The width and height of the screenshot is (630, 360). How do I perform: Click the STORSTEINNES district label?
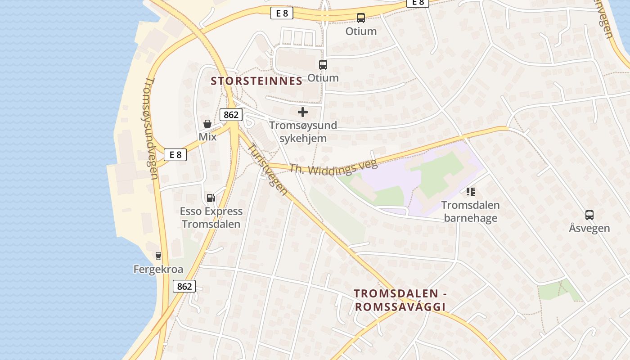coord(256,81)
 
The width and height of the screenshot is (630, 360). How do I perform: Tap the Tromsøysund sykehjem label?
coord(303,131)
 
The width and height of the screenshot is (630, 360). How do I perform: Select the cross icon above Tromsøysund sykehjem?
coord(303,112)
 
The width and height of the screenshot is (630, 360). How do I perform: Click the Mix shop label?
coord(207,136)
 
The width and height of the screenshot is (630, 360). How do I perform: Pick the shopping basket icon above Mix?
coord(207,124)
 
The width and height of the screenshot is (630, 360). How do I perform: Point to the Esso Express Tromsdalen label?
coord(211,217)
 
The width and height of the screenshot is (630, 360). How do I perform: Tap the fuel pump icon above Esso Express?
coord(210,198)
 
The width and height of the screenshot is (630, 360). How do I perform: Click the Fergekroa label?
coord(158,269)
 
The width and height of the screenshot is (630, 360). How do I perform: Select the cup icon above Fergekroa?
coord(158,256)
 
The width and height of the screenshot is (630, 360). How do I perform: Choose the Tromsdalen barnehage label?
coord(471,211)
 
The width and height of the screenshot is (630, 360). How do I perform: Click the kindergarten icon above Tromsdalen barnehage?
coord(471,192)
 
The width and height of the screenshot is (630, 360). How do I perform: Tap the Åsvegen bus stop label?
coord(589,228)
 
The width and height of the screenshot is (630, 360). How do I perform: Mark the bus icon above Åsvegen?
coord(589,215)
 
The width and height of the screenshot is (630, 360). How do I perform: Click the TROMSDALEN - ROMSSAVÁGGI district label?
coord(400,300)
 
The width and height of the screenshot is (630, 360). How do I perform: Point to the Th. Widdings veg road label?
coord(333,168)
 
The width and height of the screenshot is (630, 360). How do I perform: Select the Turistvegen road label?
coord(268,169)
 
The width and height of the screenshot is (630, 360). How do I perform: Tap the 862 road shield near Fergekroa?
coord(184,286)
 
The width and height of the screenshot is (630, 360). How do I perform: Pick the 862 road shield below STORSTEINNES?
coord(231,115)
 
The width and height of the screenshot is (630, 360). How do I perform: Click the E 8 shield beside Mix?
coord(175,155)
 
